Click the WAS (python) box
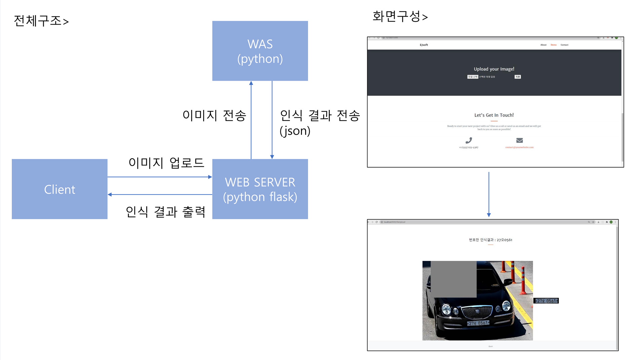tap(260, 51)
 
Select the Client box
tap(60, 189)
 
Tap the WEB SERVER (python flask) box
tap(260, 189)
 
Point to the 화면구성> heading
tap(400, 16)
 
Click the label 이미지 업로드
tap(166, 163)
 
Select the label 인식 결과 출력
tap(165, 212)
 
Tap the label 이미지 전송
tap(214, 115)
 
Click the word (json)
tap(295, 131)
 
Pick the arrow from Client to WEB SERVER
tap(160, 177)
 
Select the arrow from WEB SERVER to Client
tap(160, 195)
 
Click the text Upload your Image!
tap(494, 69)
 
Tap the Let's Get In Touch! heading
tap(494, 115)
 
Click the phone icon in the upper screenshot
tap(468, 140)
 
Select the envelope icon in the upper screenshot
tap(519, 140)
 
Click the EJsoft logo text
tap(424, 45)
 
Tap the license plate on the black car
tap(478, 323)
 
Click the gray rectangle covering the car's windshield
tap(453, 279)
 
